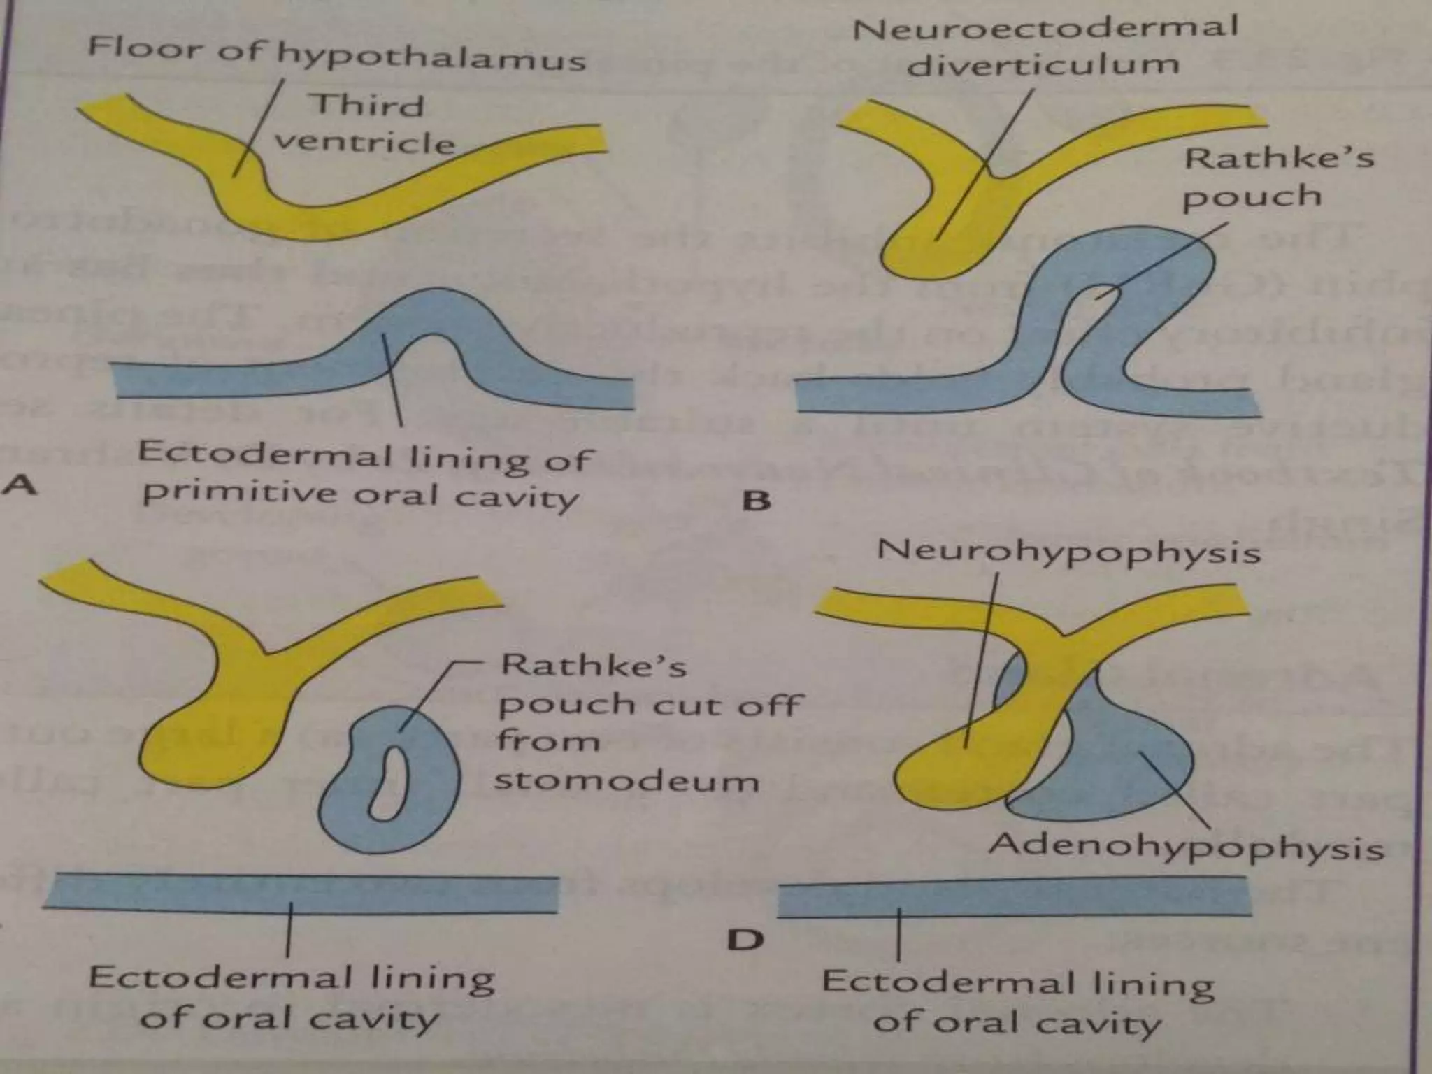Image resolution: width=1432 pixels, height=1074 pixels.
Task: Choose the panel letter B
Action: [756, 501]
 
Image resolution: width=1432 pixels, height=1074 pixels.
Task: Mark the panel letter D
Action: [745, 940]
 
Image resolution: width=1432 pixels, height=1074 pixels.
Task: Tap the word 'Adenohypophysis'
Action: [1186, 848]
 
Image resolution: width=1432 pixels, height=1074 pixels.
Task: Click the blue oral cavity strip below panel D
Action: [1014, 898]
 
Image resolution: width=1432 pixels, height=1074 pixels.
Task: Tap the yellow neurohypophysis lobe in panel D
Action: [951, 769]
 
